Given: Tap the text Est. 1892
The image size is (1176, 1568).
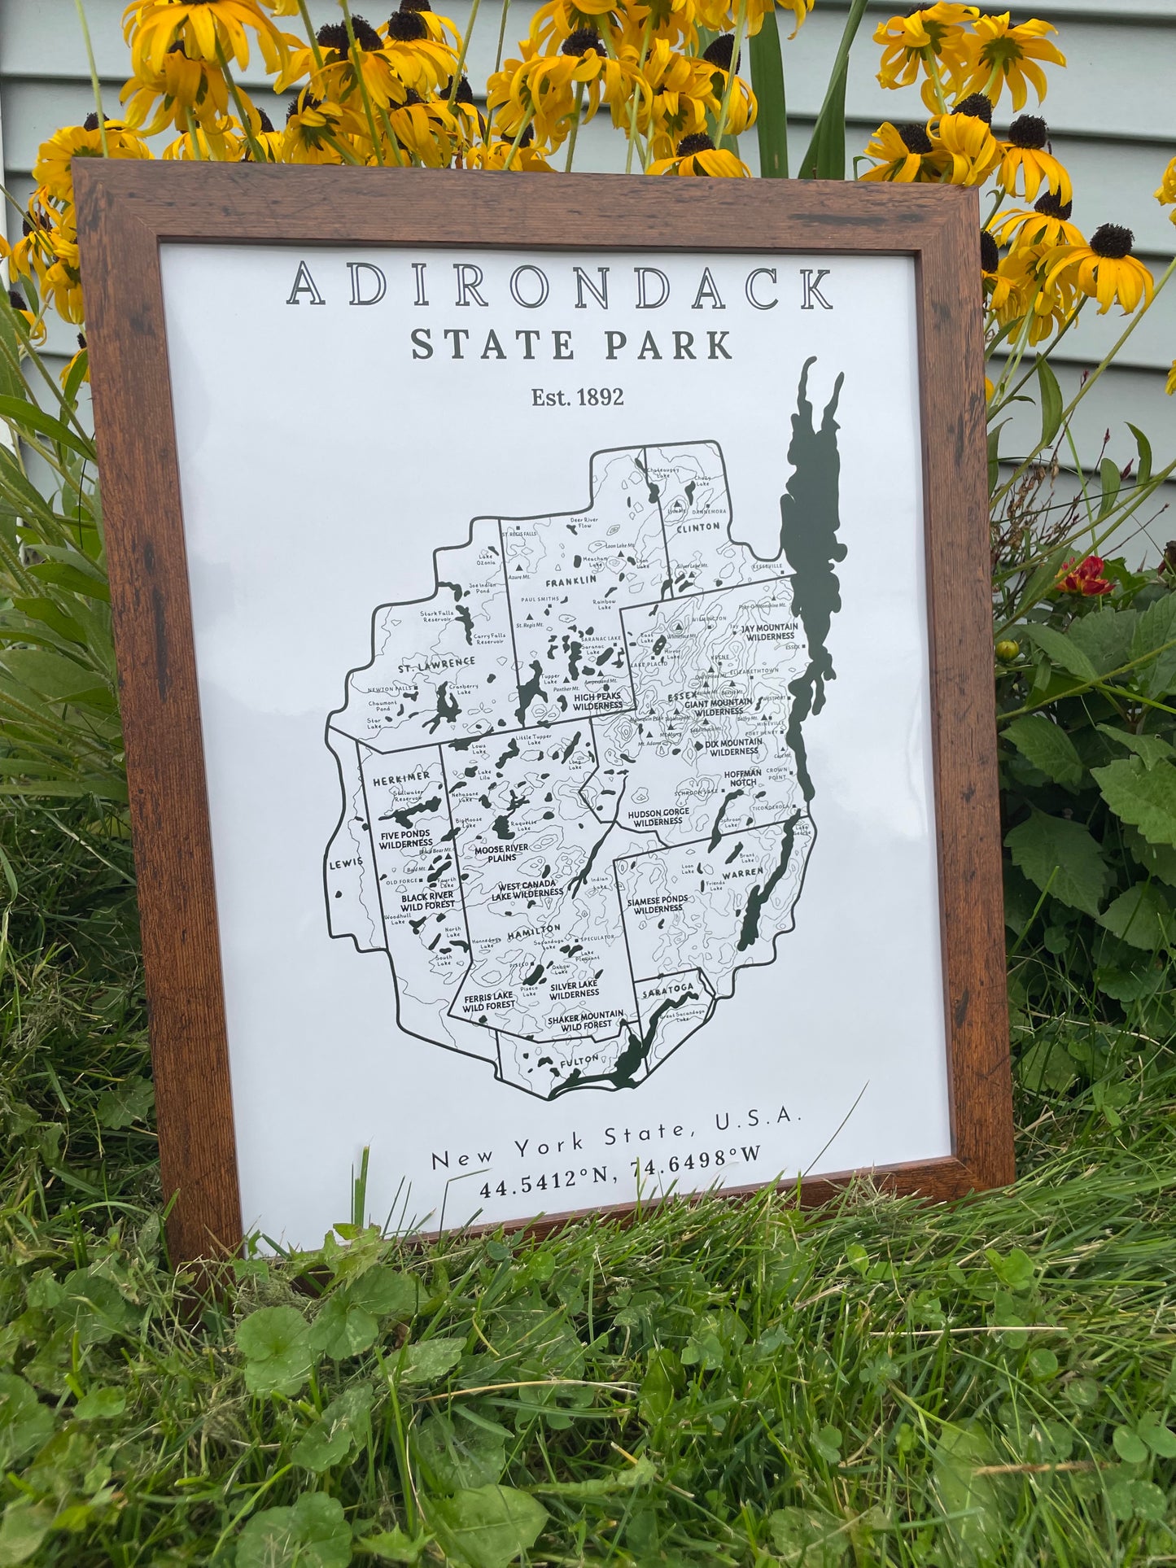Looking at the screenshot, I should click(x=577, y=397).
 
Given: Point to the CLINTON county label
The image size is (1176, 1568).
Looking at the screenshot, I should click(x=698, y=526).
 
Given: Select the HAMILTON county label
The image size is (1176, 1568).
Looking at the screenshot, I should click(x=534, y=932).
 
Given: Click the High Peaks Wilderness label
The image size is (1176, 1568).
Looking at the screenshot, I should click(x=597, y=701).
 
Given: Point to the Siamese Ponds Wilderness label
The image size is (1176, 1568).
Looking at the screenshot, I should click(x=657, y=904).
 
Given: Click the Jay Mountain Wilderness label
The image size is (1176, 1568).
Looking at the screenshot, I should click(x=769, y=631).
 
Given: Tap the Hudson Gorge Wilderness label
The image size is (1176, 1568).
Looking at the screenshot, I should click(x=658, y=817).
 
